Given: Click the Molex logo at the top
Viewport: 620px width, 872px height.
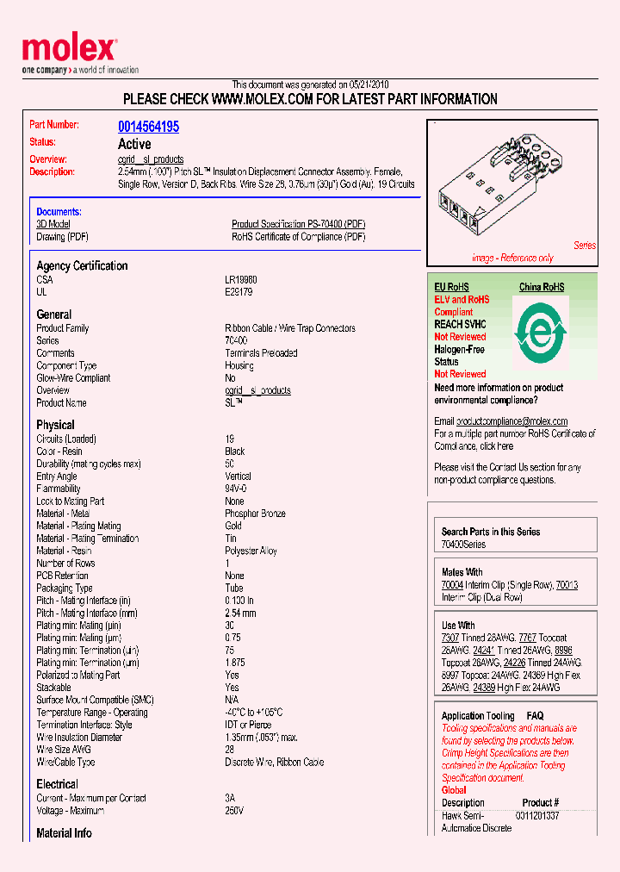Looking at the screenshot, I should [x=69, y=51].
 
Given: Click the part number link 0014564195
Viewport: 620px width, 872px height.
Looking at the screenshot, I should [x=148, y=127].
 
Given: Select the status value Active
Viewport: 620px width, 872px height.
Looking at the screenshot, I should [x=134, y=144].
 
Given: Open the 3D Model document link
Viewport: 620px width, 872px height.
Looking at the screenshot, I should [x=53, y=224].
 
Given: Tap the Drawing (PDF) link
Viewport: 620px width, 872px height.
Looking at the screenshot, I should [x=62, y=237].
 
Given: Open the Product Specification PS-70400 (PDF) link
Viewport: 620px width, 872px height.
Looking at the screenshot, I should [x=298, y=224].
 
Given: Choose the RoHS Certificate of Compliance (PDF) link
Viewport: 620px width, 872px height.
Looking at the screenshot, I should [x=298, y=237].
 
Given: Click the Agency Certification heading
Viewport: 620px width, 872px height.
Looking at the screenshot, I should [x=82, y=266].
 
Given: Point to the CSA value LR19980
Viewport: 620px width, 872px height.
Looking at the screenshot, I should [x=240, y=280].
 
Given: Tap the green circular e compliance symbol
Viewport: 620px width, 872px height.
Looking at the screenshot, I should [x=541, y=331].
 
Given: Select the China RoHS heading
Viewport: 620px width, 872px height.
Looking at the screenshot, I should [x=542, y=287].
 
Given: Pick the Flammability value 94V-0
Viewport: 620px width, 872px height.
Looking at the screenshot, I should [x=236, y=489].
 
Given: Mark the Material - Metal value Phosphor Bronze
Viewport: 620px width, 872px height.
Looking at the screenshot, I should [x=255, y=514].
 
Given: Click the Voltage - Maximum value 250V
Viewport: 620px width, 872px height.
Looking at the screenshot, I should [x=234, y=811].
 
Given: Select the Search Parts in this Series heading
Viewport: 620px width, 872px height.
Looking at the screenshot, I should [x=491, y=532].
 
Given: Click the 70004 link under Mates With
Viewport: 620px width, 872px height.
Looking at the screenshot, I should [x=452, y=585].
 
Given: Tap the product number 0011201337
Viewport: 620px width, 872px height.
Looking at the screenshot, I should [x=537, y=815].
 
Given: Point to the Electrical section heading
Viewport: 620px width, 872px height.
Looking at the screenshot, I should [x=57, y=784].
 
